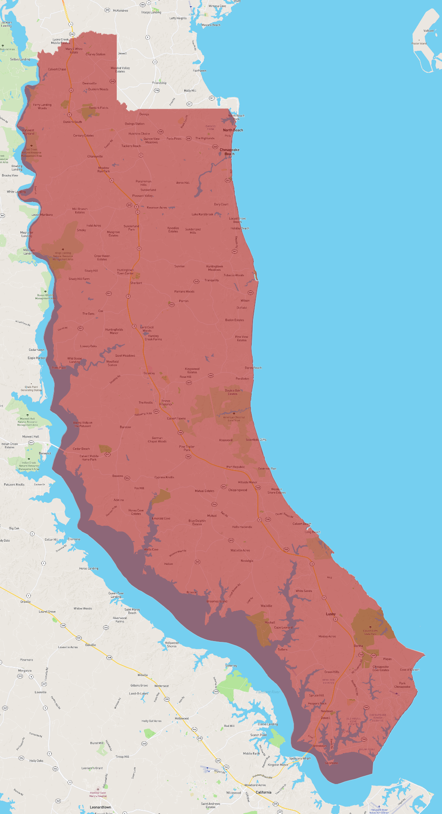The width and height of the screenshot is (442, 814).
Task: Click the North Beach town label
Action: (x=233, y=130)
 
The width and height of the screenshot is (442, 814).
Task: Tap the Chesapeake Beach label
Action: (x=229, y=152)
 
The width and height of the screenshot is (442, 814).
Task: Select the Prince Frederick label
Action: (x=166, y=402)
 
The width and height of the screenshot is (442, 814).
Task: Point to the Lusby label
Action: (x=331, y=614)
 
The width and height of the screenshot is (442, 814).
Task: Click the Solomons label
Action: (x=331, y=763)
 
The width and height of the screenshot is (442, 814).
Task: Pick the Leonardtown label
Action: (x=100, y=807)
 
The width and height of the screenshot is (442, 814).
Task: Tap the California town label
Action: (x=264, y=792)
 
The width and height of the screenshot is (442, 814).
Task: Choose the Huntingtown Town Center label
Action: (x=125, y=272)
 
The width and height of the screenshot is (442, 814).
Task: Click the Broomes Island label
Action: (x=217, y=601)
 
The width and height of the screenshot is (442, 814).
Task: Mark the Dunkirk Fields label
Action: (x=98, y=107)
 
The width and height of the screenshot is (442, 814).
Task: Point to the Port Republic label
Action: (x=236, y=467)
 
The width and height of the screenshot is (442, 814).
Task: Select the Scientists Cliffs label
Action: (x=256, y=439)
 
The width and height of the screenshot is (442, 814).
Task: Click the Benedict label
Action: (x=45, y=453)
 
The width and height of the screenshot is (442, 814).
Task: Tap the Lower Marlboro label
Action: (x=42, y=215)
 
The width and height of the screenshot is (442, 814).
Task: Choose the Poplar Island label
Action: (x=419, y=43)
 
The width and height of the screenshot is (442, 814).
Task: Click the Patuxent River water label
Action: (x=268, y=692)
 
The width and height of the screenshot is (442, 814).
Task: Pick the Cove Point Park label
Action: (x=402, y=685)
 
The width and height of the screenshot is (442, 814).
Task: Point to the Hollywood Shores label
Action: (x=171, y=644)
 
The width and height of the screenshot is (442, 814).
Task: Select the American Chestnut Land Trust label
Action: (x=234, y=419)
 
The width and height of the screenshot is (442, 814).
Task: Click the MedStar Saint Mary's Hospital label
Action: (x=98, y=794)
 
